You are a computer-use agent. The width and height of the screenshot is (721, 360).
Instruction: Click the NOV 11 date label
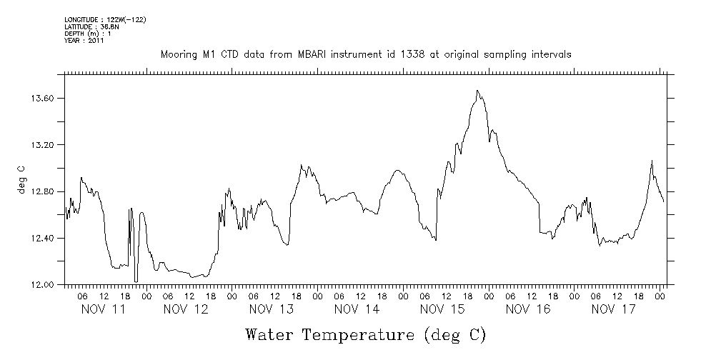click(103, 309)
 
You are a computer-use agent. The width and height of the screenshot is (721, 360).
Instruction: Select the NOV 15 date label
click(443, 309)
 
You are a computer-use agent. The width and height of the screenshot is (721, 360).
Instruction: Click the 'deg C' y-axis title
click(21, 179)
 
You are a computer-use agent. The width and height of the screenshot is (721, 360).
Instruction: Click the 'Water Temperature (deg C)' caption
click(365, 335)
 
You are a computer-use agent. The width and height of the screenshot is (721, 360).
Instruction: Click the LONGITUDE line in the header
click(105, 19)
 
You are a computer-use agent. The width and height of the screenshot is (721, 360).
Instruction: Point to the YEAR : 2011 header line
click(84, 41)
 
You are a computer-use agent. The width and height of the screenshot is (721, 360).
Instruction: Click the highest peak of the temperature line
click(477, 91)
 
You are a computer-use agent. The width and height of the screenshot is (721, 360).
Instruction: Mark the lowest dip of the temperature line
click(136, 281)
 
